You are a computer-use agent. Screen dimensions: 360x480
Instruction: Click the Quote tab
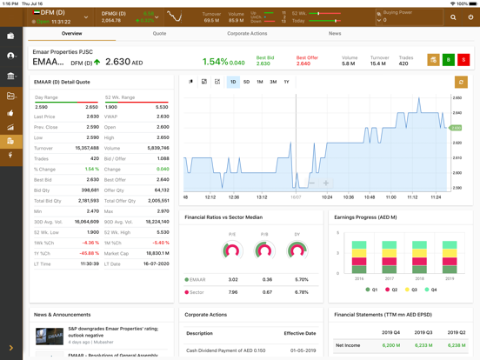[159, 34]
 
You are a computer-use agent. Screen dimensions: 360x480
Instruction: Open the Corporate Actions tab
[247, 34]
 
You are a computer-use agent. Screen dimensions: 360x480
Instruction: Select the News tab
[335, 34]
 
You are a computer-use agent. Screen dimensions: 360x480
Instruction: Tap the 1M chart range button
[259, 82]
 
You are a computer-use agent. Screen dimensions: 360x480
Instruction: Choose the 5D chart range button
[246, 82]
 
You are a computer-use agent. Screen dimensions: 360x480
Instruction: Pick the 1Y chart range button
[286, 82]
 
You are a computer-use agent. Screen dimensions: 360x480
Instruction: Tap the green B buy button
[449, 60]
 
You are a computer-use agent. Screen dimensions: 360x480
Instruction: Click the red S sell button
[463, 60]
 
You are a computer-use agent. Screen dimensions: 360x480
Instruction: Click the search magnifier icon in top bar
[452, 17]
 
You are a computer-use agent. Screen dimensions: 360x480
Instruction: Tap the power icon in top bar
[470, 17]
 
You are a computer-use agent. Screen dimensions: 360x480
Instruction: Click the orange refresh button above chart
[461, 82]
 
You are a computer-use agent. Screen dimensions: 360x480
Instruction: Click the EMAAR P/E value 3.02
[232, 280]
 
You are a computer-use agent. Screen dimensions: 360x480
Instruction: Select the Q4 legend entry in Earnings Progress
[429, 289]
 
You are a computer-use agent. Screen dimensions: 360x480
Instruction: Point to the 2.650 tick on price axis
[457, 97]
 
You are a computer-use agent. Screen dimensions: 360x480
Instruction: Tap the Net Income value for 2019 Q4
[390, 345]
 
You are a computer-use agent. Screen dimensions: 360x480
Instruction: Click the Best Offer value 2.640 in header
[303, 63]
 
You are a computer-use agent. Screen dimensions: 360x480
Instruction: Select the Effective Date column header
[299, 333]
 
